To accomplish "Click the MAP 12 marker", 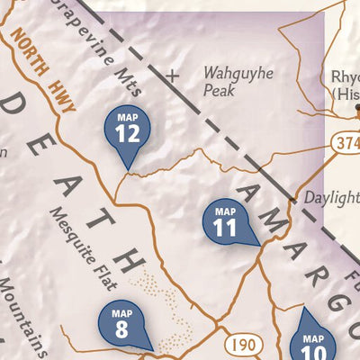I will point(128,130).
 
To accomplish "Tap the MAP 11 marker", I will point(225,220).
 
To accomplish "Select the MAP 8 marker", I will point(122,323).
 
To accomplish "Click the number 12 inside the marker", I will point(128,134).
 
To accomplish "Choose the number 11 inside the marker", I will point(225,228).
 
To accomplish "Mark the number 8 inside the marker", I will point(121,328).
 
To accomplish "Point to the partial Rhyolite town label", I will point(345,84).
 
